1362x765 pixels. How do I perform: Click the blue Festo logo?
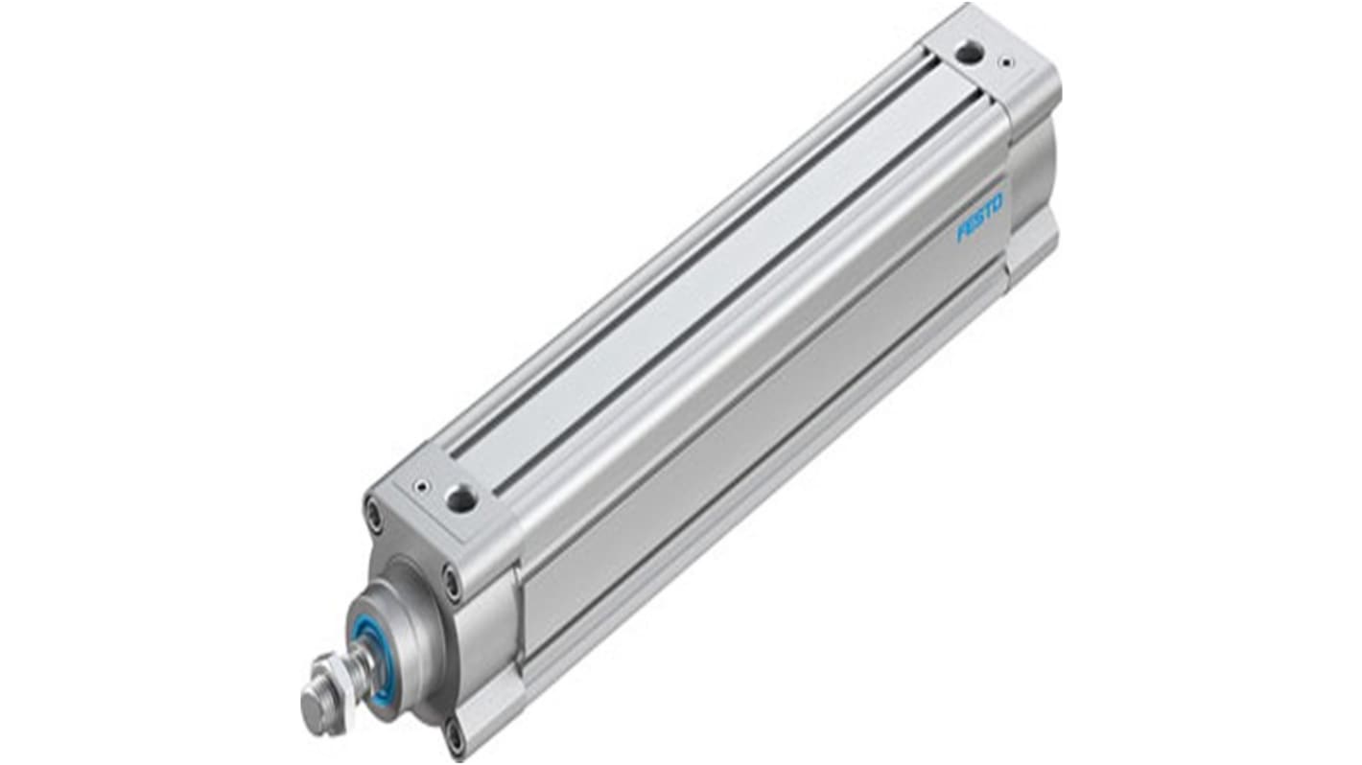click(979, 219)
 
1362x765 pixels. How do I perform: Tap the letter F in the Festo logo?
click(961, 234)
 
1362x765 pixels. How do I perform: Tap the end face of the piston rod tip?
click(311, 709)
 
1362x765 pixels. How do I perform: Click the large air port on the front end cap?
click(461, 497)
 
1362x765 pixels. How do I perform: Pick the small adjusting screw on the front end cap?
click(420, 487)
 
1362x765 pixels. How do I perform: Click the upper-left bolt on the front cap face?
click(373, 513)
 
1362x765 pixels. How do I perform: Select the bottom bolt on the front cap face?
click(453, 736)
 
